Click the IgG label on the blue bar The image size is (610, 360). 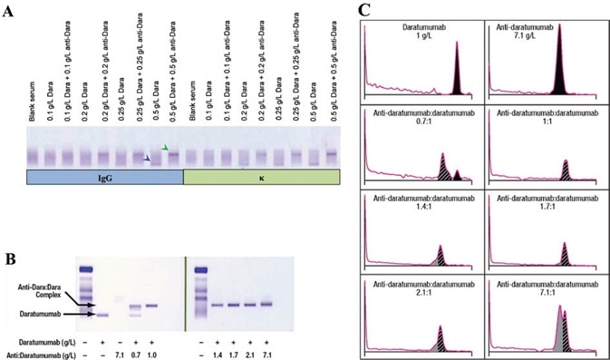(x=103, y=178)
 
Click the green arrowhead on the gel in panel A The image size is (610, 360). (x=164, y=148)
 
